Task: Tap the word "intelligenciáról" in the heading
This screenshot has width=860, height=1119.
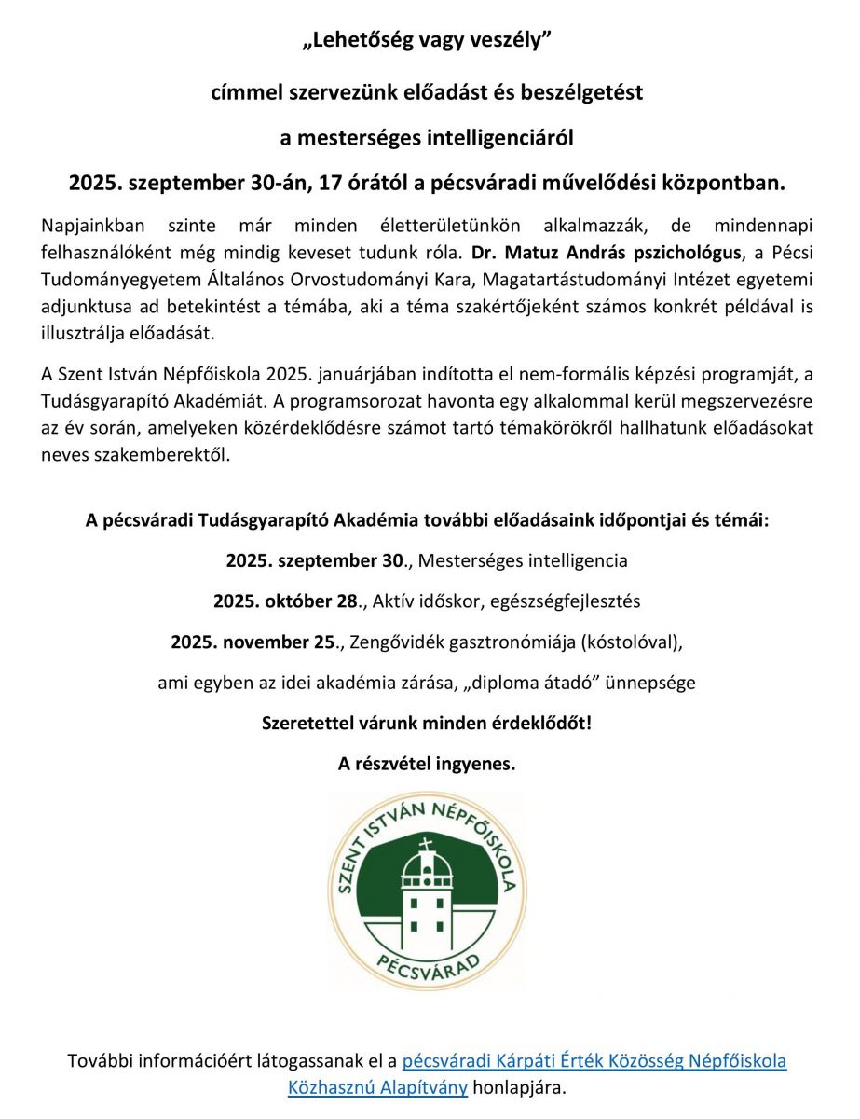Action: [x=503, y=139]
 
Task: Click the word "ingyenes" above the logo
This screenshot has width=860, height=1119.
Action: [x=474, y=764]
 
